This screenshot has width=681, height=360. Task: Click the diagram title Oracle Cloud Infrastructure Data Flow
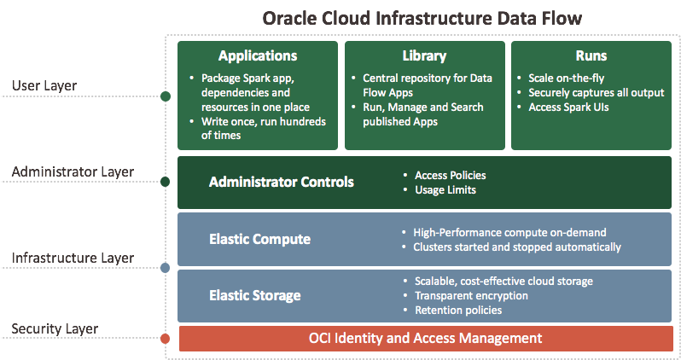click(423, 18)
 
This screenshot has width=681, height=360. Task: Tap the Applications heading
click(258, 56)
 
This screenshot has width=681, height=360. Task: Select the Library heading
click(423, 56)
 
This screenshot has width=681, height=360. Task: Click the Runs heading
click(591, 56)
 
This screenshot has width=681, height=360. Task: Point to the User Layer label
click(44, 85)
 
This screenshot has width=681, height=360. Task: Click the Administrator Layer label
click(73, 171)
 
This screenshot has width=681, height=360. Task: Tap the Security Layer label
click(55, 328)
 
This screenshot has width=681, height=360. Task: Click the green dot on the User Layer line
click(165, 96)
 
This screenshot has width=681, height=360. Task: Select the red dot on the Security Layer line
click(165, 340)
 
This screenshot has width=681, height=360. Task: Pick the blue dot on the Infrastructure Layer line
click(165, 268)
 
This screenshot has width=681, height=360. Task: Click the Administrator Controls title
click(282, 182)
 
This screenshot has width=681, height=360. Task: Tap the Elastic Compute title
click(259, 240)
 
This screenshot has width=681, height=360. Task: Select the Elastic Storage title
click(255, 296)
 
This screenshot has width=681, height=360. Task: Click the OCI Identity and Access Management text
click(425, 339)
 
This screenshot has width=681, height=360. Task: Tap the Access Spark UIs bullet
click(568, 107)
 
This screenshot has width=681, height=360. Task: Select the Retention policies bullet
click(457, 311)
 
